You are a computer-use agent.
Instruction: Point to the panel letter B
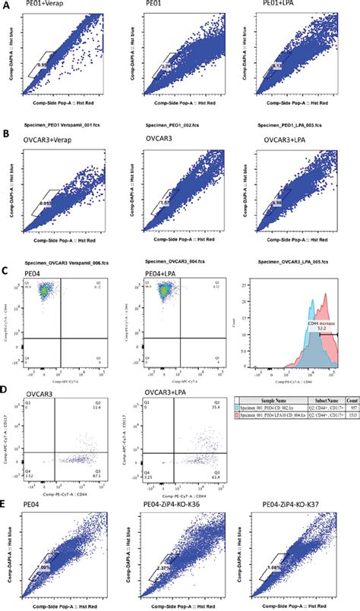(6, 133)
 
